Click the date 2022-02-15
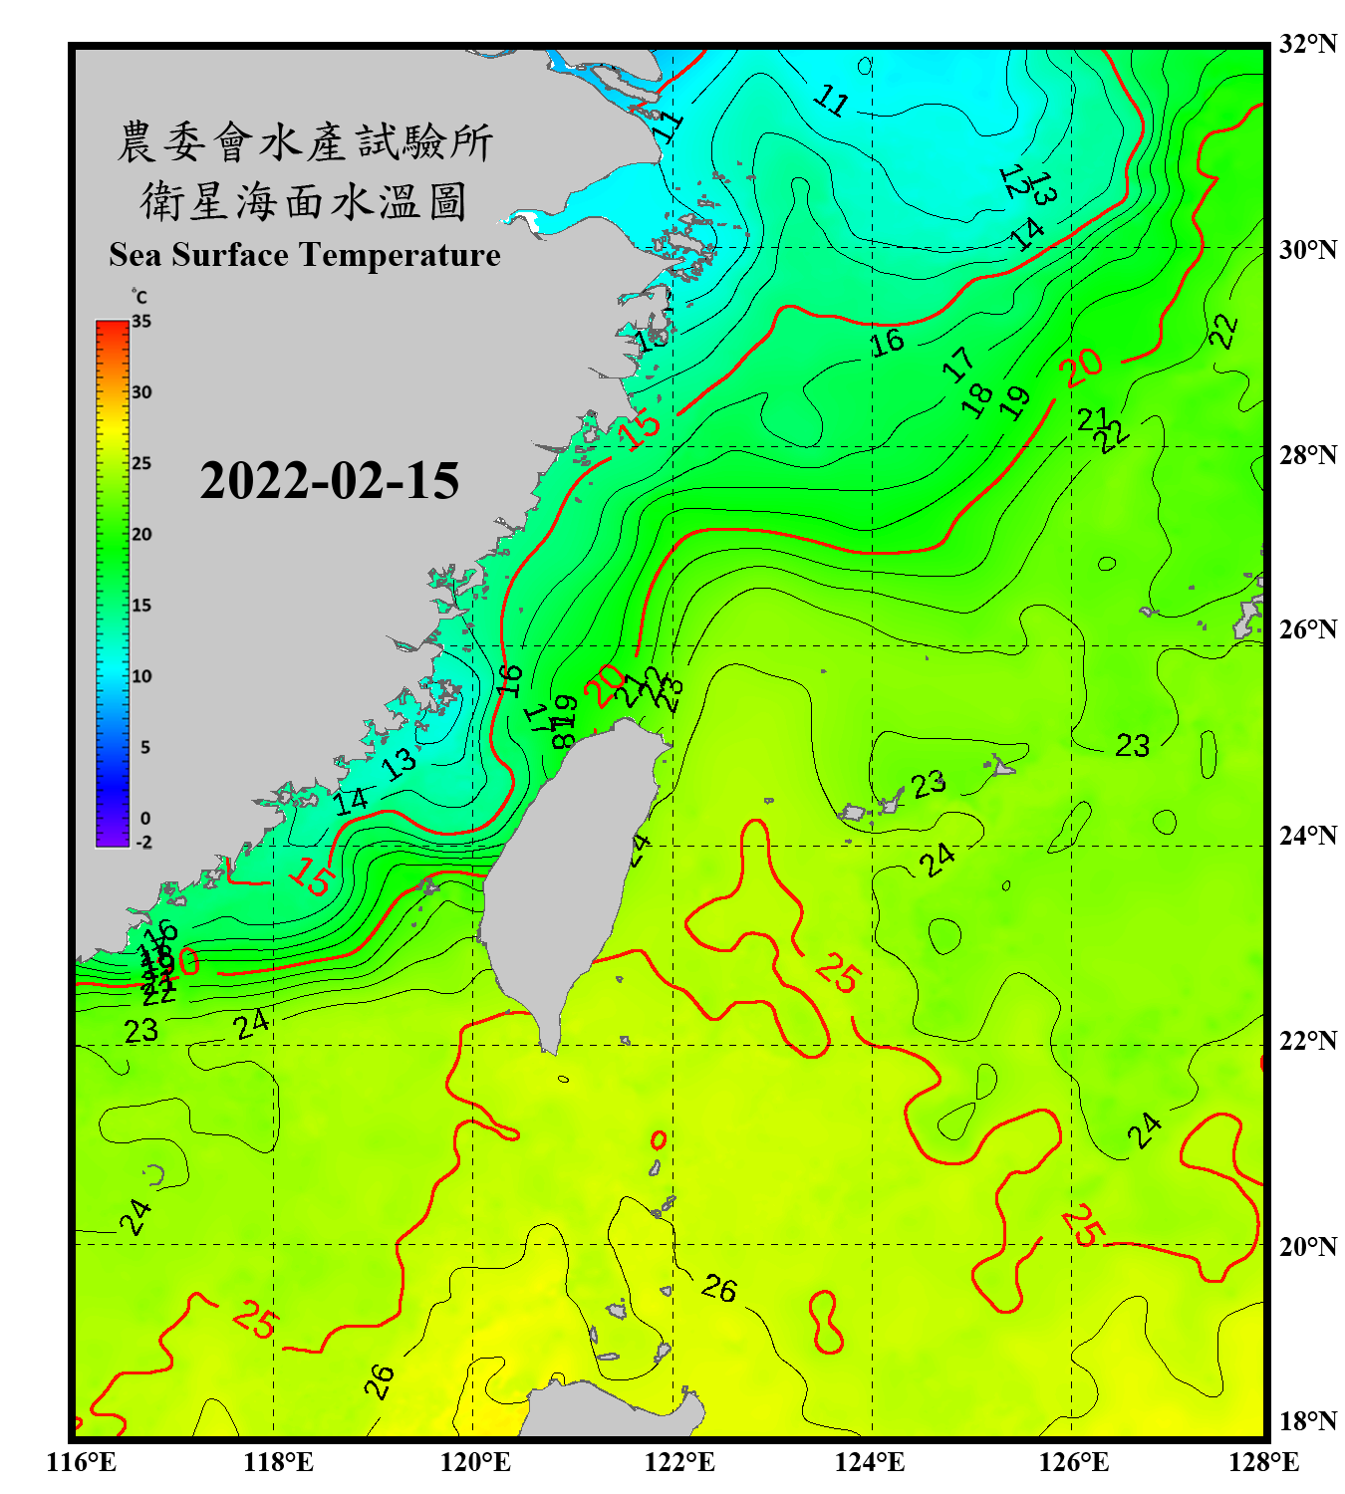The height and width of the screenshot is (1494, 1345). click(x=329, y=481)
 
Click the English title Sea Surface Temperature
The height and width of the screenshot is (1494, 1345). click(x=305, y=255)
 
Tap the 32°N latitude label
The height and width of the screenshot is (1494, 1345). click(x=1308, y=44)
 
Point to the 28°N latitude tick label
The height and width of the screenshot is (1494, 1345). click(x=1308, y=455)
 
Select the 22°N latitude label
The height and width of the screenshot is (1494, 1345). click(x=1308, y=1041)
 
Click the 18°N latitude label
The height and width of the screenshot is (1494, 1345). click(x=1308, y=1421)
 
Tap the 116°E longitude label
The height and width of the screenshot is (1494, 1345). click(x=82, y=1462)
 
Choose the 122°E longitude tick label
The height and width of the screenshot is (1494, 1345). click(x=679, y=1462)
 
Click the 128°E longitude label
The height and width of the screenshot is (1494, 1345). click(x=1263, y=1462)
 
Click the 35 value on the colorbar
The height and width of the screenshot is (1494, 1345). click(x=141, y=322)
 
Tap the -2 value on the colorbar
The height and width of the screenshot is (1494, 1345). click(x=143, y=843)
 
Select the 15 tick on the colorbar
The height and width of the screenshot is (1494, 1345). click(x=141, y=606)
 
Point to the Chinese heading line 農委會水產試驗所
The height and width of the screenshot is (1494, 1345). click(x=305, y=142)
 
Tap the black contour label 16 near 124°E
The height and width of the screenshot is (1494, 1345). click(x=887, y=343)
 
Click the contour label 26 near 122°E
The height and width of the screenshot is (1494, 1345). click(x=718, y=1289)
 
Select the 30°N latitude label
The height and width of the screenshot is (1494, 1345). click(x=1308, y=250)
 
